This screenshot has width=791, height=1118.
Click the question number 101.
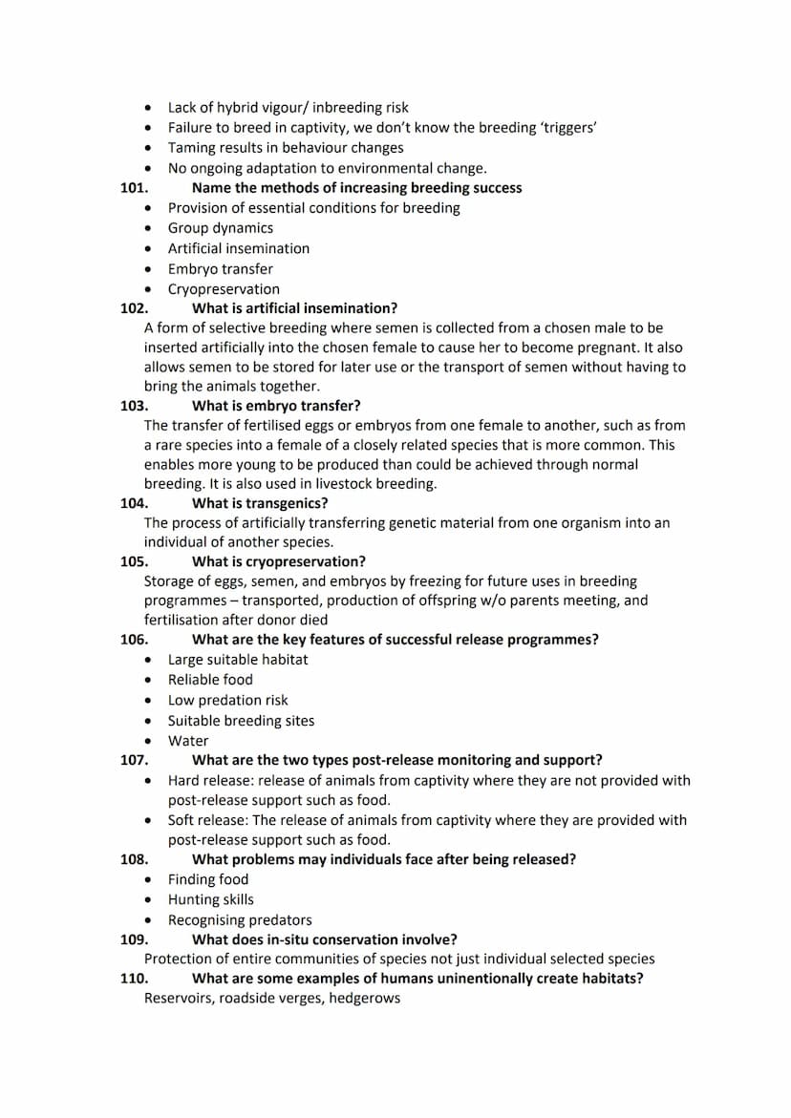tap(134, 188)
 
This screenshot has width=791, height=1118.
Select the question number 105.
tap(134, 561)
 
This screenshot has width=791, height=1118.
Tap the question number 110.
tap(134, 979)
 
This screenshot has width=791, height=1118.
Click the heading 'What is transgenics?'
tap(260, 503)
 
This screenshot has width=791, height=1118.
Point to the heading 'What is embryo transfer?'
tap(276, 406)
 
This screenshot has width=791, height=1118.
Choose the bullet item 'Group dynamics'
tap(221, 228)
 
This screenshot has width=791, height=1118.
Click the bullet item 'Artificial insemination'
tap(239, 248)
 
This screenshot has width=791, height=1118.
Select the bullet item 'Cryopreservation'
tap(224, 289)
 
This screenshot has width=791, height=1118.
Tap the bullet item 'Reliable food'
tap(210, 680)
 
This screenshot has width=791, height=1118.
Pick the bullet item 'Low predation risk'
tap(227, 700)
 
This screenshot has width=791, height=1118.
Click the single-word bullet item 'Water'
tap(188, 741)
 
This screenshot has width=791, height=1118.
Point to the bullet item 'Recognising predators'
tap(240, 920)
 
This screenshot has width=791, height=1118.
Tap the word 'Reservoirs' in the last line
tap(177, 999)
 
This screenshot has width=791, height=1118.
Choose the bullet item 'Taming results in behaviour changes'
tap(286, 148)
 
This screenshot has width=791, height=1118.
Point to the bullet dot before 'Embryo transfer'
tap(148, 269)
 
